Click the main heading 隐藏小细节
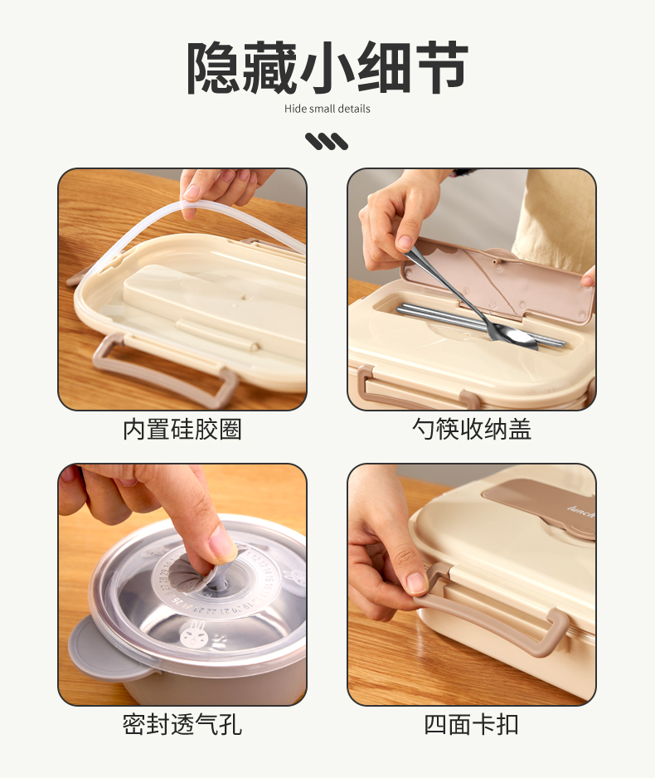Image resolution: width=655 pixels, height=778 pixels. (x=327, y=68)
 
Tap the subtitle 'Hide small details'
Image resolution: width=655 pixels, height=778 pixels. (x=327, y=109)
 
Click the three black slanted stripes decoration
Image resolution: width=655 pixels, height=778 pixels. (x=327, y=141)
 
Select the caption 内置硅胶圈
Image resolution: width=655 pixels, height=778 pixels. (x=182, y=429)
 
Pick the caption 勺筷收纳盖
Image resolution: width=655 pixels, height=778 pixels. (x=472, y=429)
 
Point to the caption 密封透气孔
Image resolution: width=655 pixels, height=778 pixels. (x=182, y=724)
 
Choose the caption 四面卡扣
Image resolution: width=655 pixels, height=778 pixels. (x=472, y=724)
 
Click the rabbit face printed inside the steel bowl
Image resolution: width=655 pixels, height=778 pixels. (x=190, y=635)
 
